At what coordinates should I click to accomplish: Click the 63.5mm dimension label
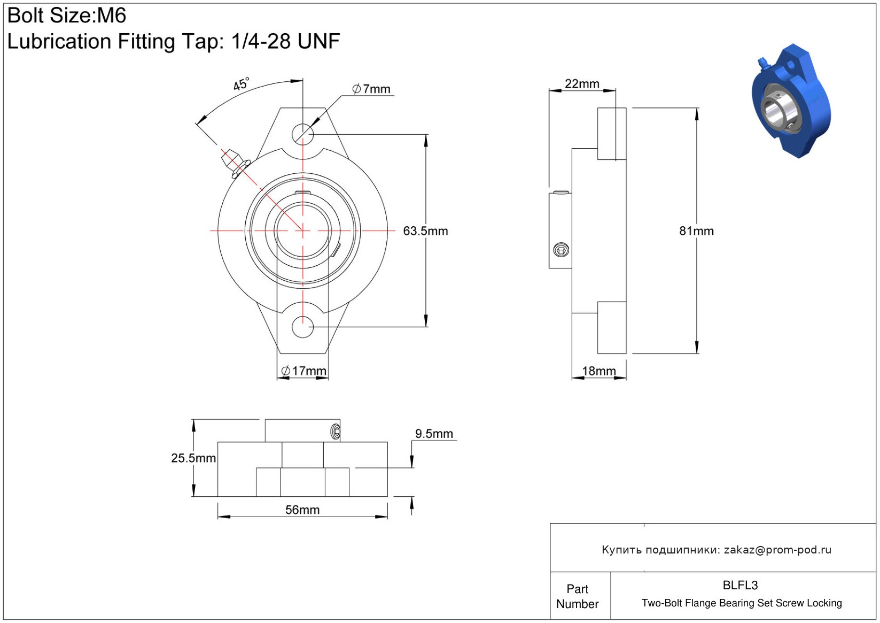pos(425,231)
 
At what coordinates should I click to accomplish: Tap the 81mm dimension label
pos(697,231)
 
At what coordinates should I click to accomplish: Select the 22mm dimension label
pos(582,84)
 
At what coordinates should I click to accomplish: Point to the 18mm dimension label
pos(599,371)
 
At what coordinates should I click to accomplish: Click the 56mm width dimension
pos(302,510)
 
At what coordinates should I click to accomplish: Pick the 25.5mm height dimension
pos(193,458)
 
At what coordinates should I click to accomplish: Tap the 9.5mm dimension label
pos(434,433)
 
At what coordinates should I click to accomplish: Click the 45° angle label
pos(241,84)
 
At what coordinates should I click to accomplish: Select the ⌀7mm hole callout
pos(371,89)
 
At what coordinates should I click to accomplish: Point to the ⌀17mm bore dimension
pos(303,371)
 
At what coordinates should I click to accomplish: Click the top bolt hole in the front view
pos(302,134)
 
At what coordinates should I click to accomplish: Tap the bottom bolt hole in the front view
pos(302,327)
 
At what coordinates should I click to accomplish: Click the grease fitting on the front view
pos(235,163)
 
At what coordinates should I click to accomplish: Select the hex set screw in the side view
pos(561,250)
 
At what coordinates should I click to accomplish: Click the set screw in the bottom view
pos(336,432)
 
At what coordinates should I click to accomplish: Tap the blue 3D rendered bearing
pos(791,101)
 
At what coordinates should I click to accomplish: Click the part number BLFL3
pos(740,585)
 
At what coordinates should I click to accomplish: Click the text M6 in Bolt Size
pos(112,16)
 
